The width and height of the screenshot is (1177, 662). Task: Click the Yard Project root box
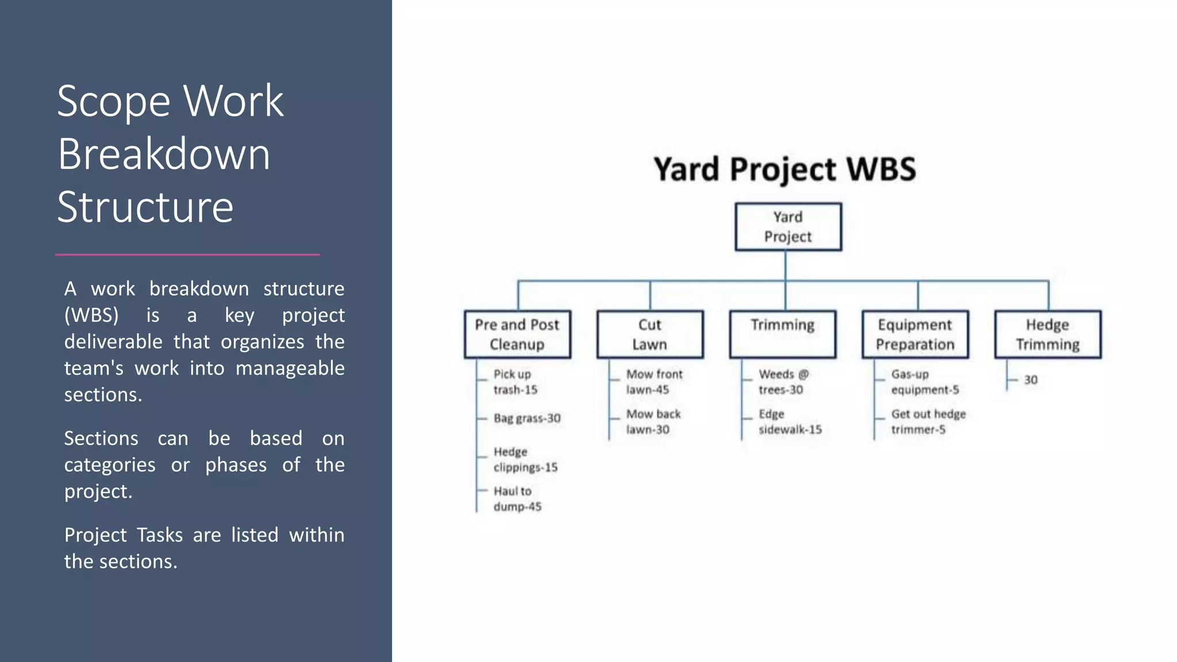click(x=788, y=226)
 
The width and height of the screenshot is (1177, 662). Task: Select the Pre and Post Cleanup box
click(x=517, y=334)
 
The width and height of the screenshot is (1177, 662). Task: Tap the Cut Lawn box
click(x=650, y=334)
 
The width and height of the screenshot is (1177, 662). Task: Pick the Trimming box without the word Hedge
click(x=782, y=334)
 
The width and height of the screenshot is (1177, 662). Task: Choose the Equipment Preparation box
click(x=915, y=334)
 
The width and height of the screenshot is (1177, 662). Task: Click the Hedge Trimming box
click(x=1048, y=334)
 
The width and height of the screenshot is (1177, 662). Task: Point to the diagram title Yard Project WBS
click(x=784, y=170)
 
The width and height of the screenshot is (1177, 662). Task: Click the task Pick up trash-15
click(x=515, y=382)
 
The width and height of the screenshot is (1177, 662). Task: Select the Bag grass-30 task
click(x=526, y=418)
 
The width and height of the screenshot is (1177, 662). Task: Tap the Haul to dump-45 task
click(x=517, y=499)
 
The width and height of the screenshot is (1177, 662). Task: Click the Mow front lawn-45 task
click(x=653, y=382)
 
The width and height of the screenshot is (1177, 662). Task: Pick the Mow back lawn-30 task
click(x=652, y=422)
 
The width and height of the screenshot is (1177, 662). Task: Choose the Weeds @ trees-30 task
click(x=783, y=382)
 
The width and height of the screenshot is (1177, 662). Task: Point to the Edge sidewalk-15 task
click(x=789, y=422)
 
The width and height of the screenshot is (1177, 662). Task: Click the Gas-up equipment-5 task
click(x=924, y=382)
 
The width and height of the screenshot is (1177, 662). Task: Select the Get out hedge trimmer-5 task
click(x=928, y=422)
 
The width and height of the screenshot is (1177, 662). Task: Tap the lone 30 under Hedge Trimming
click(x=1030, y=380)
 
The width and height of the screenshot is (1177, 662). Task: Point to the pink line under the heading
click(x=187, y=254)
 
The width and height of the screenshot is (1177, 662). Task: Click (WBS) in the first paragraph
click(x=91, y=315)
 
